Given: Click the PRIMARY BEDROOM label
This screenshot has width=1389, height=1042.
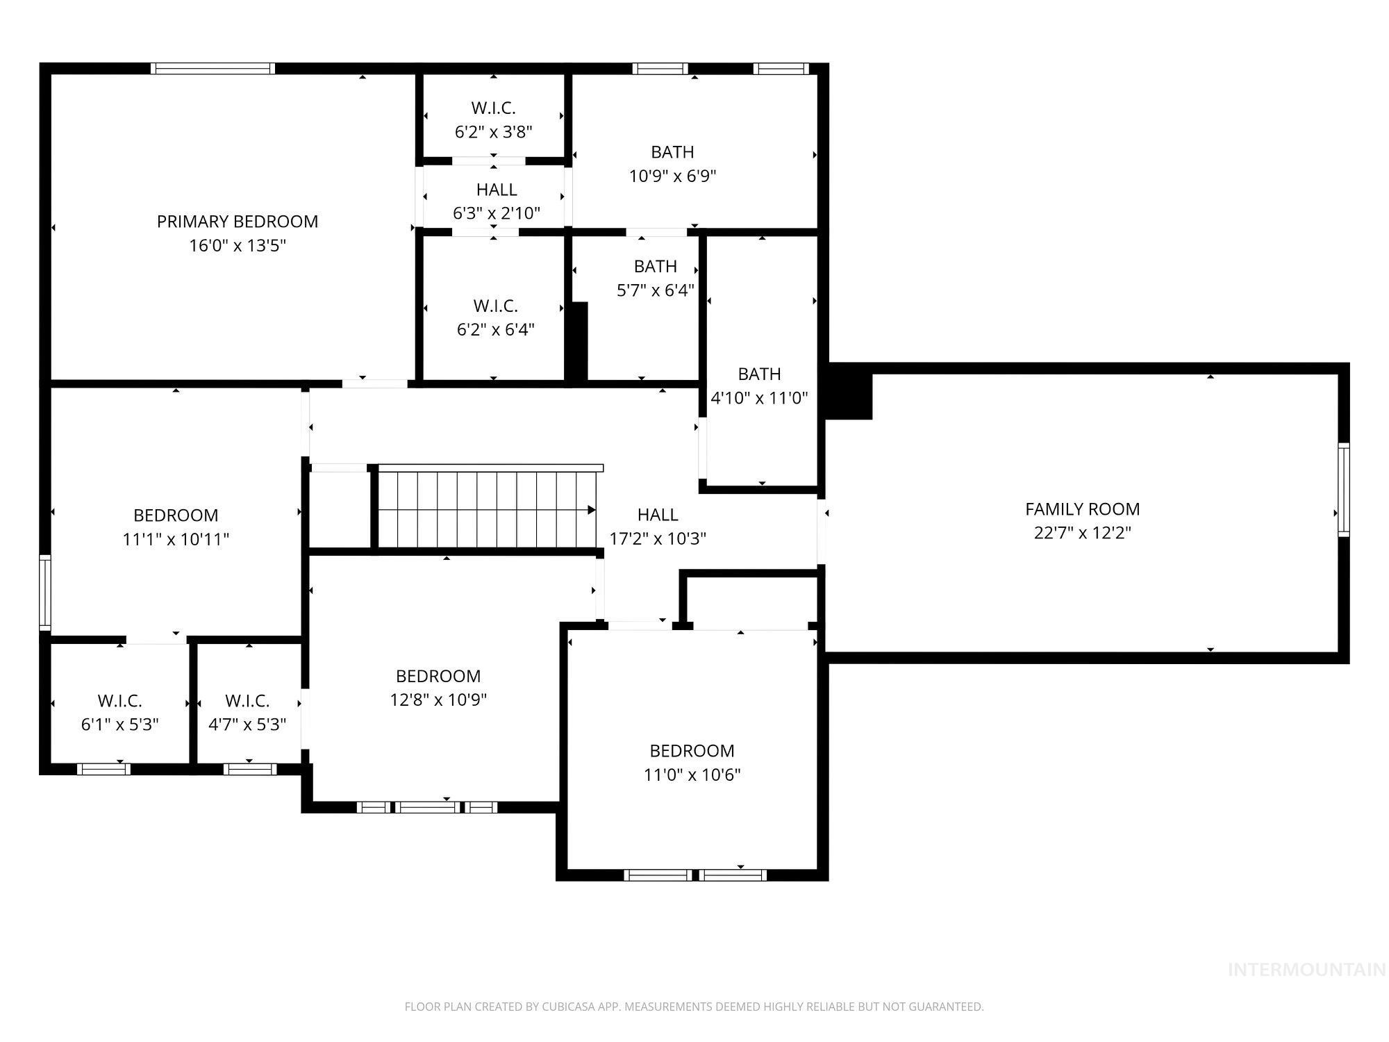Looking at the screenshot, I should [x=238, y=222].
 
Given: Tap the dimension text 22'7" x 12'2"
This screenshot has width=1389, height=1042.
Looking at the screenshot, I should [x=1082, y=533].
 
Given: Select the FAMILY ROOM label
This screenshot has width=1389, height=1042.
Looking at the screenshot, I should [x=1082, y=509].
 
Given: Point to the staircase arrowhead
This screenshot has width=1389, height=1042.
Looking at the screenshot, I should [x=592, y=510].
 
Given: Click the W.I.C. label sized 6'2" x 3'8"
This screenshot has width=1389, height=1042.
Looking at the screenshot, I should [x=493, y=108].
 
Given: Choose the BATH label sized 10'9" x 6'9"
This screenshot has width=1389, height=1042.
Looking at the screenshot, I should [x=672, y=152].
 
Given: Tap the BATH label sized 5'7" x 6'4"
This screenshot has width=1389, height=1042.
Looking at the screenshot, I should [x=655, y=267].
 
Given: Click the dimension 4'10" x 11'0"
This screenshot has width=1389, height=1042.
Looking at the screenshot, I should [x=759, y=398].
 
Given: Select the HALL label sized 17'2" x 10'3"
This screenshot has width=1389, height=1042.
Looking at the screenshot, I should [x=657, y=515].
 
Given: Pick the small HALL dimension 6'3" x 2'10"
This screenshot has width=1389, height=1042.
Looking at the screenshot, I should [x=496, y=213].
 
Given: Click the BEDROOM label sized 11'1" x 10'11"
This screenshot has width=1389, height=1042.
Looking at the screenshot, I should [x=176, y=515].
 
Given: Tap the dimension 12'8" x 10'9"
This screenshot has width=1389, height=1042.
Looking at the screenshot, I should [x=438, y=700].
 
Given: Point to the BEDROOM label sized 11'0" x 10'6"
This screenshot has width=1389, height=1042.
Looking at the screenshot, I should [x=692, y=751].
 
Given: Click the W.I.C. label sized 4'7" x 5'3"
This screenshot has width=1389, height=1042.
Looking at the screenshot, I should [x=247, y=701].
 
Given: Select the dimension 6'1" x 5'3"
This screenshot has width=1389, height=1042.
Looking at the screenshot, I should [x=119, y=725].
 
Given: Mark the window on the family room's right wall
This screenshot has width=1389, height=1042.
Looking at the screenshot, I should [x=1343, y=490].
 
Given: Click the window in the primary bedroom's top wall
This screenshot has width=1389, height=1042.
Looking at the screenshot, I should [x=213, y=68].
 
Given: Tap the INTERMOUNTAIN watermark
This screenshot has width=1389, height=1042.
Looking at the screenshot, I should [x=1306, y=970].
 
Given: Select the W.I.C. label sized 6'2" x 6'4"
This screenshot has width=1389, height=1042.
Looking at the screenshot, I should [x=495, y=306].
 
